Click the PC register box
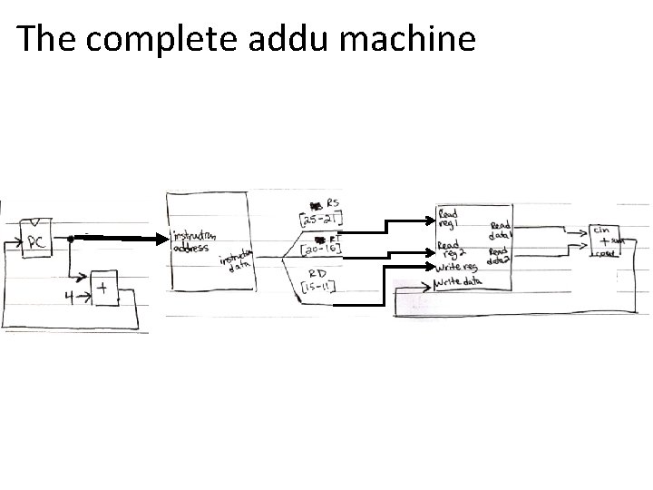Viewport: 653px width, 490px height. pyautogui.click(x=36, y=240)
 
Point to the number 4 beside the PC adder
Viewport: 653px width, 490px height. pyautogui.click(x=67, y=294)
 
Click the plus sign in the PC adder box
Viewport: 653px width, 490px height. pyautogui.click(x=103, y=290)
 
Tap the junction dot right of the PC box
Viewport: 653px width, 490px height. pyautogui.click(x=71, y=239)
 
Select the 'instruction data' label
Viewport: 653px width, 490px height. pyautogui.click(x=234, y=261)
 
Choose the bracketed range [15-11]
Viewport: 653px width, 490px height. pyautogui.click(x=320, y=289)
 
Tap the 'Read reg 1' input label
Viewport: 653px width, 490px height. pyautogui.click(x=449, y=220)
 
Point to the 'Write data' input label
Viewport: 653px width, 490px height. pyautogui.click(x=458, y=284)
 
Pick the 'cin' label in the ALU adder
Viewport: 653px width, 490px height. pyautogui.click(x=601, y=230)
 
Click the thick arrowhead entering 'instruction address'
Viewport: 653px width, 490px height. pyautogui.click(x=163, y=239)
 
